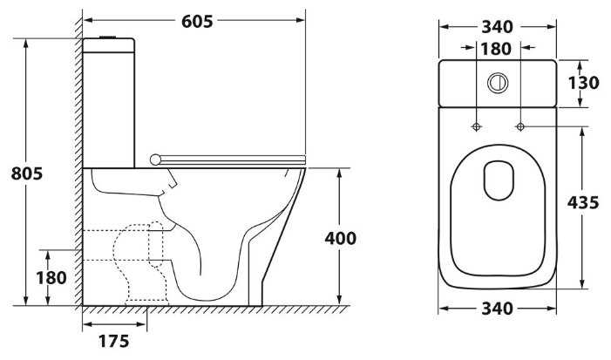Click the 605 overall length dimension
pyautogui.click(x=197, y=22)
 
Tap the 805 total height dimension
pyautogui.click(x=26, y=173)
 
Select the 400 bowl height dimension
pyautogui.click(x=341, y=239)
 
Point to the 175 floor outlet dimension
pyautogui.click(x=114, y=342)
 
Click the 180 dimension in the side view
pyautogui.click(x=51, y=278)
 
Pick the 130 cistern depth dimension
pyautogui.click(x=583, y=83)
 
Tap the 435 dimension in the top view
pyautogui.click(x=583, y=203)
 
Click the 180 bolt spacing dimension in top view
pyautogui.click(x=496, y=49)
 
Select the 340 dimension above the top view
pyautogui.click(x=498, y=27)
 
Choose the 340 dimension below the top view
pyautogui.click(x=498, y=309)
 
